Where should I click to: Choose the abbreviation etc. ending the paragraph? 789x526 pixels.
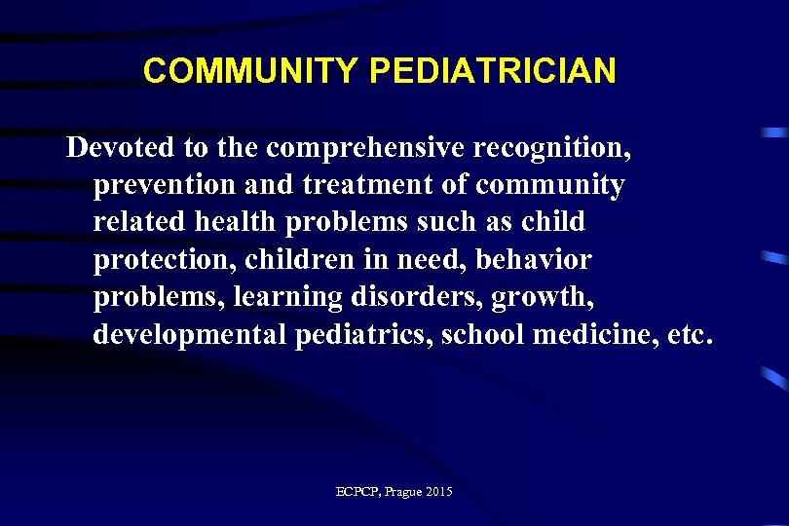pyautogui.click(x=691, y=335)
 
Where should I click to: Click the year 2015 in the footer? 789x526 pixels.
pyautogui.click(x=438, y=492)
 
